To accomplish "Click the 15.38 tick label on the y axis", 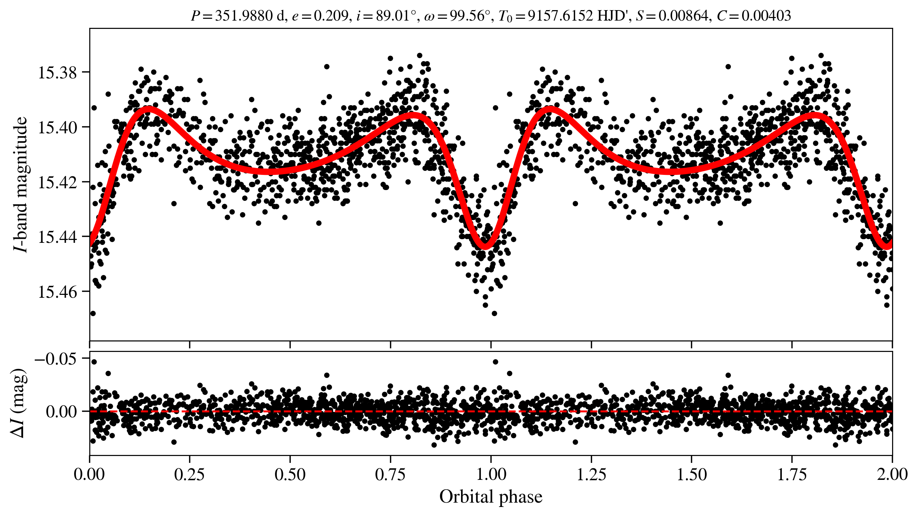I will (57, 73).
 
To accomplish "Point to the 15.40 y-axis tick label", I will (57, 128).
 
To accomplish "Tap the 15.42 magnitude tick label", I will (57, 182).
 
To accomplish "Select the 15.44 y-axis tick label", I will (57, 237).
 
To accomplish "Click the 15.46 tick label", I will (57, 292).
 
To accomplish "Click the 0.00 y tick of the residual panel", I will (62, 412).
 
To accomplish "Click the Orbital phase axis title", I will (491, 497).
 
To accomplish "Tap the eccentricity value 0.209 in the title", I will (331, 16).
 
